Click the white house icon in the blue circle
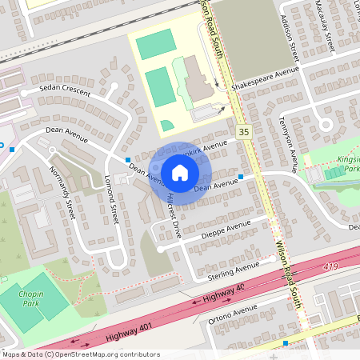180,172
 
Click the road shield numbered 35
243,130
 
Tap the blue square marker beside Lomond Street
127,160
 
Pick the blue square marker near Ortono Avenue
286,343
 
